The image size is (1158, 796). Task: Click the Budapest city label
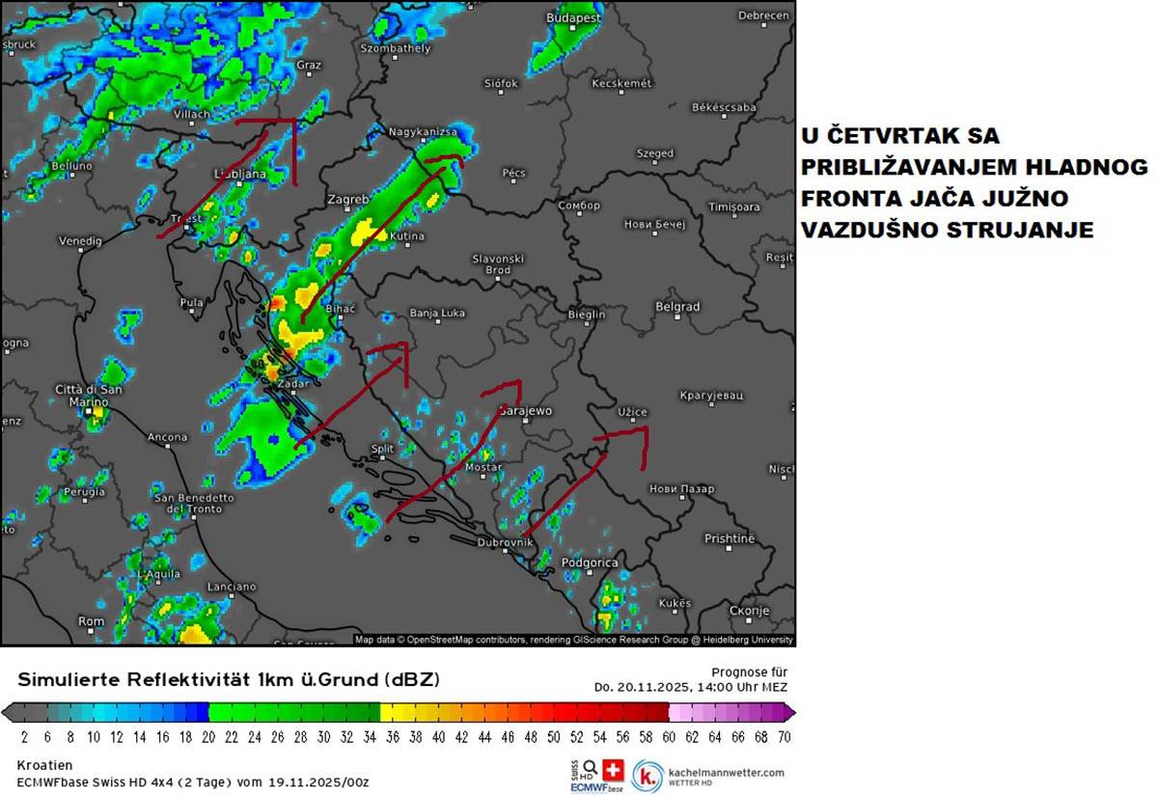pos(573,17)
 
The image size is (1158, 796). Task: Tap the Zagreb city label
pos(348,200)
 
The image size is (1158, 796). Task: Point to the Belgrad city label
pos(677,307)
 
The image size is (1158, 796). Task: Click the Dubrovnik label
pos(505,542)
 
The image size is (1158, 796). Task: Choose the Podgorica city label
pos(589,563)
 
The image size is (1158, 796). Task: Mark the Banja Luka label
pos(437,313)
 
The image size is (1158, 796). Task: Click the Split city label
pos(382,449)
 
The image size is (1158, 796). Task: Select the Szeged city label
pos(655,153)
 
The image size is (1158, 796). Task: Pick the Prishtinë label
pos(730,538)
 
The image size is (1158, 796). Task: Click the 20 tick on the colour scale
pos(208,736)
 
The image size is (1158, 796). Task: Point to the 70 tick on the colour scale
pos(784,736)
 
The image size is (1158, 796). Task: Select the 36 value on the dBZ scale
pos(392,736)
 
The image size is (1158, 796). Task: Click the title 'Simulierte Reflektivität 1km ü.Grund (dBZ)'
pos(229,679)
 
